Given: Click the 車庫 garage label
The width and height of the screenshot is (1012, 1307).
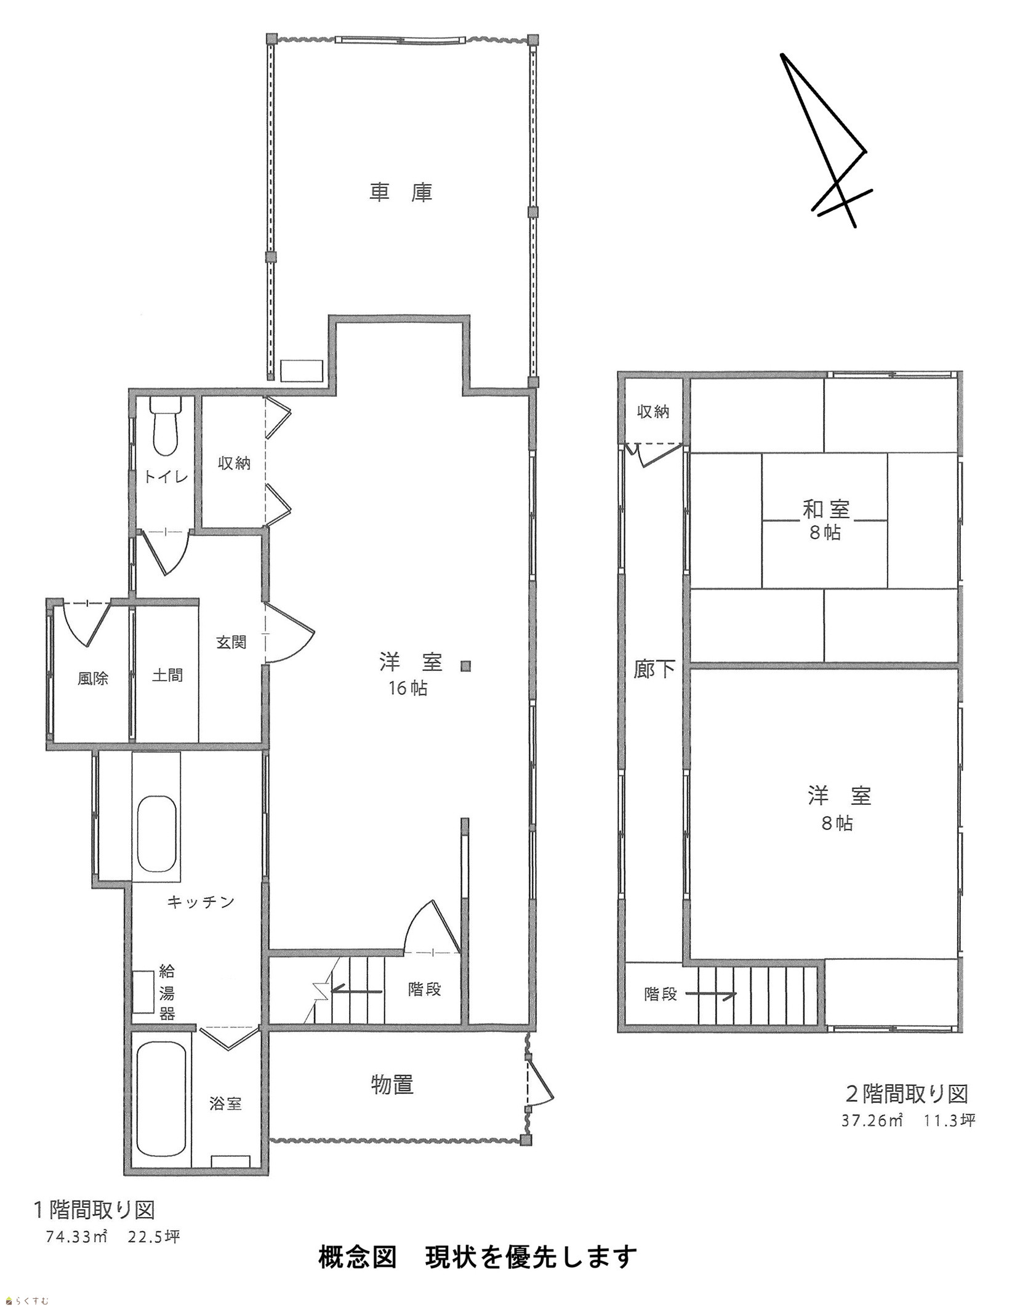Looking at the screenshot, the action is click(401, 193).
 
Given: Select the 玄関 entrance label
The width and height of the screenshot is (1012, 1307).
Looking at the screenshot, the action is click(231, 642).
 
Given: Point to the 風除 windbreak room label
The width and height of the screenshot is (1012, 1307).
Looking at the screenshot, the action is click(93, 679).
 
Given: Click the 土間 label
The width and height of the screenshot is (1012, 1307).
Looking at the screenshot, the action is click(167, 676).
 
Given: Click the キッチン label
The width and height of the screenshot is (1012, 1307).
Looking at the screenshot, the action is click(201, 902).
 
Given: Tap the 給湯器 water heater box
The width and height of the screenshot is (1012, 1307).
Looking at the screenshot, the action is click(144, 991).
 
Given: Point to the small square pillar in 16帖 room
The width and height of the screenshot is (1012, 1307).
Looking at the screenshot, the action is click(466, 665).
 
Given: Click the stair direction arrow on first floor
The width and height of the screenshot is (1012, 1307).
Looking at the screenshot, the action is click(356, 991).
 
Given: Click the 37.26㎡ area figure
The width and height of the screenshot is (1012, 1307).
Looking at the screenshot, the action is click(872, 1120).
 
